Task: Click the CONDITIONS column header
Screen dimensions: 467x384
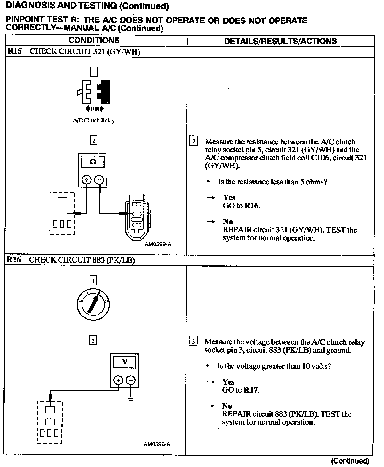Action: [94, 41]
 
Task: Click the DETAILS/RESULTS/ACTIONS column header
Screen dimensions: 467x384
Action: [280, 41]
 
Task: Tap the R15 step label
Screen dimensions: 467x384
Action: [14, 51]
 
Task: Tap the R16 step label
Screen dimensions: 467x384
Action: [14, 260]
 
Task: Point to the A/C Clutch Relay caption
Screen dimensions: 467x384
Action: [94, 120]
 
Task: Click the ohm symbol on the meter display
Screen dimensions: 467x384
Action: [93, 162]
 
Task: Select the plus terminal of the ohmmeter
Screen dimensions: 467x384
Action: [86, 180]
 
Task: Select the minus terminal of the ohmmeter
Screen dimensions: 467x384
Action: [99, 180]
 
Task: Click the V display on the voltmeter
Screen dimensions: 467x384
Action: [125, 362]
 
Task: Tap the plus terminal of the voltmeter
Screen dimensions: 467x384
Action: [118, 380]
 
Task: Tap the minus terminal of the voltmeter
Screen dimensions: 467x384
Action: [131, 380]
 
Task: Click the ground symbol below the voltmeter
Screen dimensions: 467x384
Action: [130, 399]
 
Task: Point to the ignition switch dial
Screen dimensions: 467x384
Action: [93, 305]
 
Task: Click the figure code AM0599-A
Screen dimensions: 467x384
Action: [158, 244]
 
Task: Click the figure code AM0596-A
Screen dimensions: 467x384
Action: [157, 444]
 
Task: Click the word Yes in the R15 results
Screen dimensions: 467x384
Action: [229, 198]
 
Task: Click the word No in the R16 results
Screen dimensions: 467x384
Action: [227, 406]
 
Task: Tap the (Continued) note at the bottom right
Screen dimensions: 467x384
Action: [350, 461]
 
